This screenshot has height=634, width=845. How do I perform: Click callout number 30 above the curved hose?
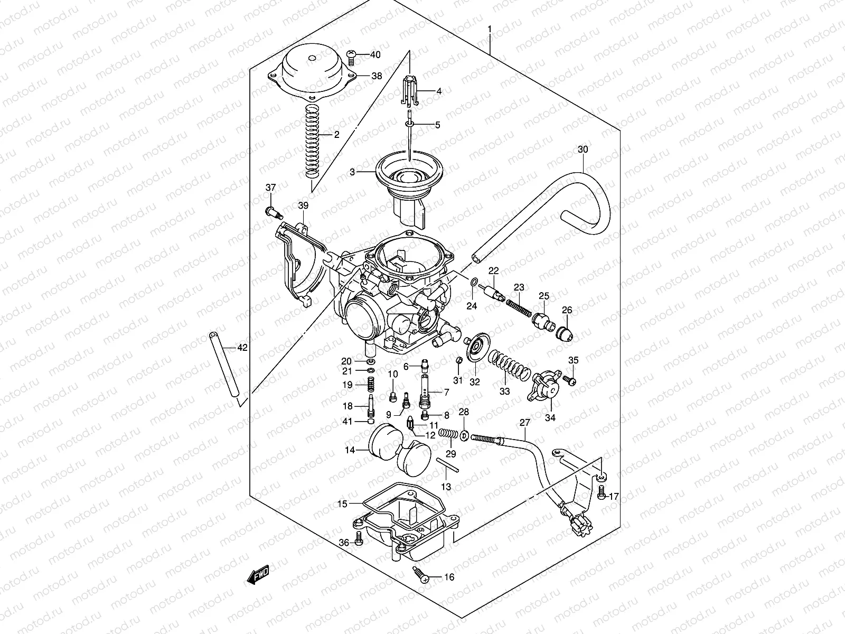click(583, 149)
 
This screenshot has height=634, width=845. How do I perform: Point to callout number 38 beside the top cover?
click(377, 76)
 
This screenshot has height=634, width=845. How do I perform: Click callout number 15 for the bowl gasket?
click(342, 504)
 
